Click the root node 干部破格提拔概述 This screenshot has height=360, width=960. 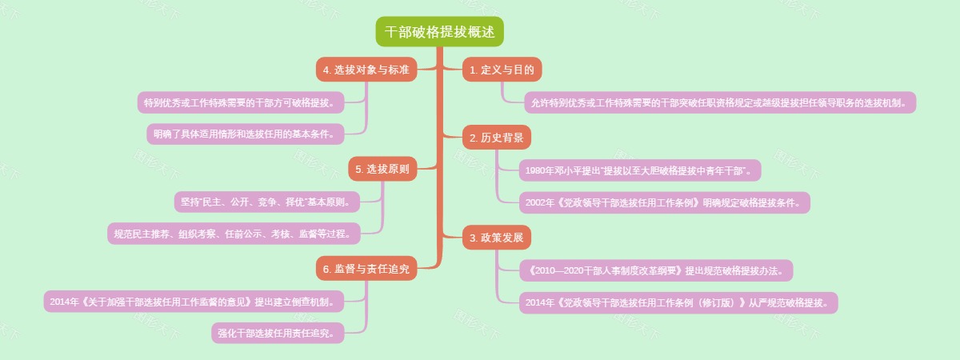(440, 32)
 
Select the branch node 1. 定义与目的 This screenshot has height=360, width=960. (502, 70)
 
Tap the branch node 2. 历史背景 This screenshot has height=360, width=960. (497, 138)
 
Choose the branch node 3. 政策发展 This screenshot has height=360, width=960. (497, 237)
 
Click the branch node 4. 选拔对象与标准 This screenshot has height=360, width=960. (366, 70)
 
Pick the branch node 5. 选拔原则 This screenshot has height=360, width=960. (382, 169)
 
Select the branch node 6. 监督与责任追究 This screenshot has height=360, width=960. (366, 270)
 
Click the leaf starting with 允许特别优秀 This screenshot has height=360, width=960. (719, 103)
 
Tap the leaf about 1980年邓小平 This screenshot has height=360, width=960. (640, 170)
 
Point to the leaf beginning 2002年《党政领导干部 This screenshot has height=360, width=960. (664, 203)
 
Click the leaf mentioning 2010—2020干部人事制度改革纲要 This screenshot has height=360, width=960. (656, 270)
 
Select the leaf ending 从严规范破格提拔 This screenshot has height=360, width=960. (678, 303)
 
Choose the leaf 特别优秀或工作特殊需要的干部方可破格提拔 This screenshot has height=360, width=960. (241, 103)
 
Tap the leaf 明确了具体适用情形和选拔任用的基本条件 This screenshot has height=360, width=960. (246, 134)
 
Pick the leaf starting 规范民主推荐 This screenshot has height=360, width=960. (234, 234)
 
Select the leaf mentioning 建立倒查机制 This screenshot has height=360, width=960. (194, 302)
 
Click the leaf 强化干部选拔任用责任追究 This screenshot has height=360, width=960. (278, 333)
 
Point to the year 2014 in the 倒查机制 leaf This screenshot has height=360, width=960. (60, 302)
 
